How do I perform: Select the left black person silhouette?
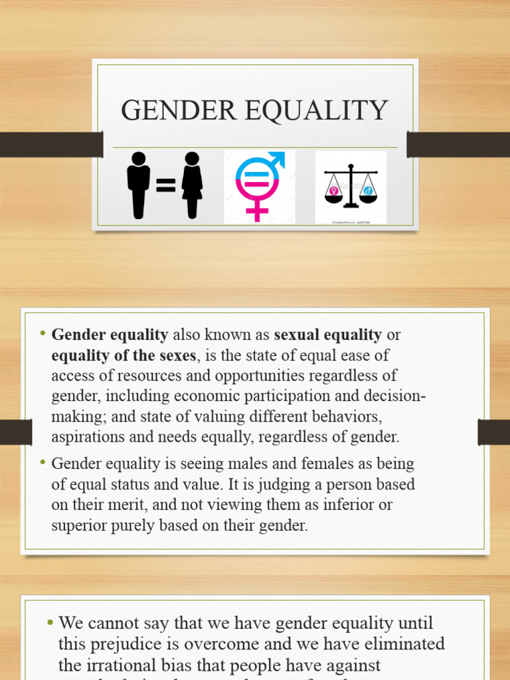tap(138, 185)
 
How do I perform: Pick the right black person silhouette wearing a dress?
tap(192, 185)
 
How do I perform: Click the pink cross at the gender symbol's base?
tap(256, 211)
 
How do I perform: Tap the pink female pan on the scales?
tap(333, 193)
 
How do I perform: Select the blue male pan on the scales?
tap(368, 193)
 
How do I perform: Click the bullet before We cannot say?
tap(50, 623)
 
